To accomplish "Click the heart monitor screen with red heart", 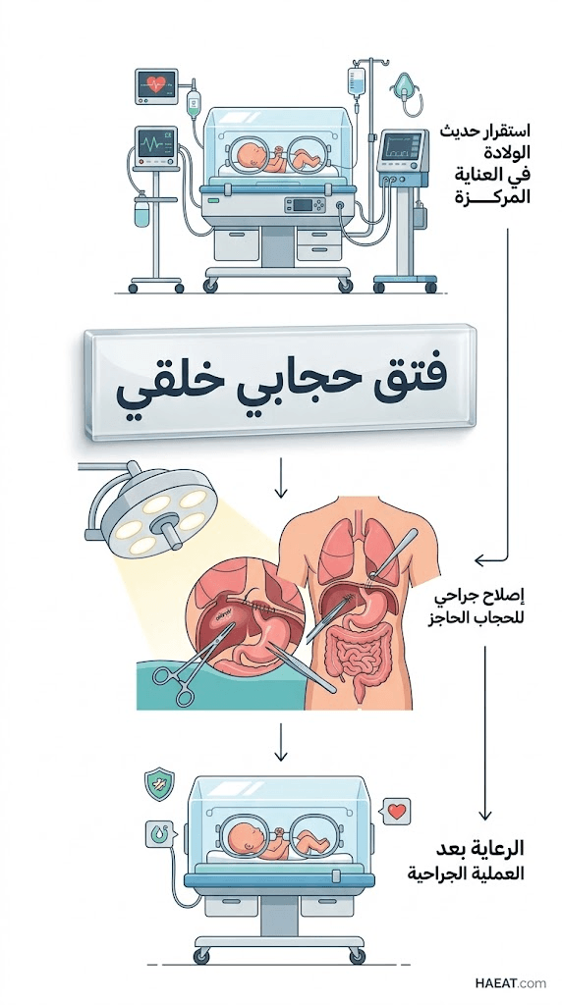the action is (x=156, y=86).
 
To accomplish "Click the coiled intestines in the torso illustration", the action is (x=354, y=655).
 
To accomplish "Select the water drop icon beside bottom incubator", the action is (x=158, y=834).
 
